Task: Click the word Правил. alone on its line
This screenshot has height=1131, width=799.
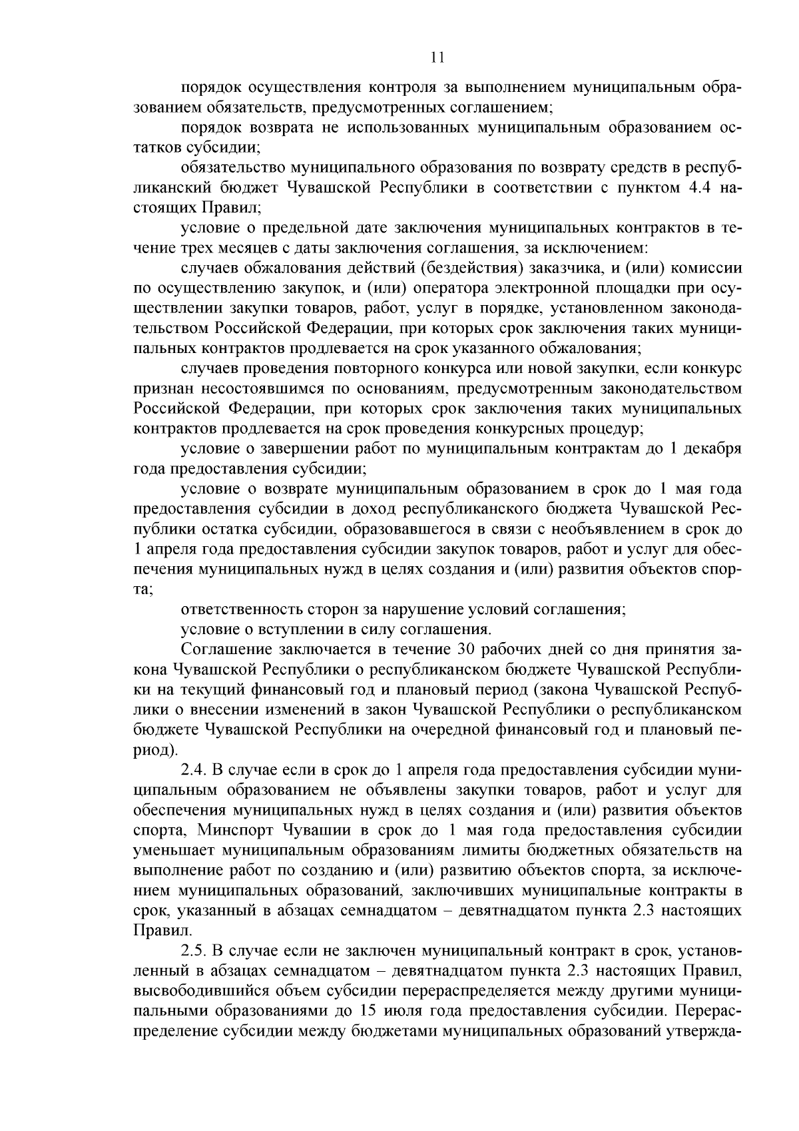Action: tap(153, 931)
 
